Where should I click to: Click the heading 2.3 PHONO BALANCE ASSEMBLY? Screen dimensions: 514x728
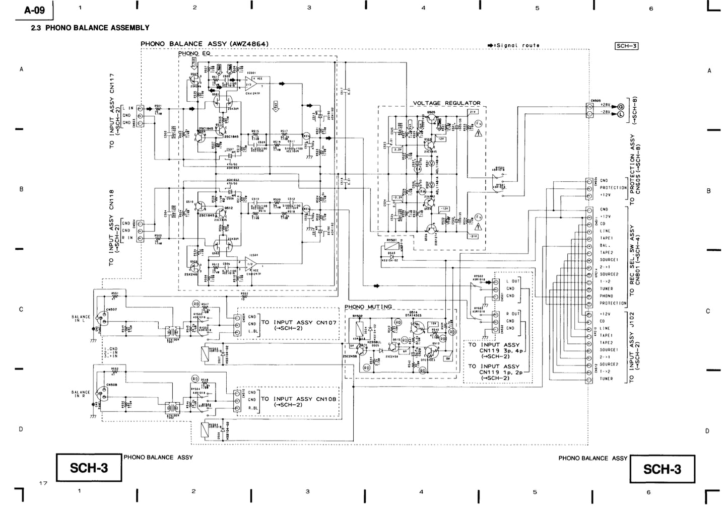(x=90, y=28)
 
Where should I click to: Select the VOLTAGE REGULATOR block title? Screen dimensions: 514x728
(x=446, y=103)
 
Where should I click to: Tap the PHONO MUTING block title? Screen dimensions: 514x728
(x=368, y=307)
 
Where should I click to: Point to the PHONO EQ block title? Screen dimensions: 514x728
(x=194, y=53)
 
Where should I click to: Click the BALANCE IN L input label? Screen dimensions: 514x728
(x=81, y=319)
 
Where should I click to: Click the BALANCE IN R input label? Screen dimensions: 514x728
(x=81, y=394)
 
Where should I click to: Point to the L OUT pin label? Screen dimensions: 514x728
(x=513, y=281)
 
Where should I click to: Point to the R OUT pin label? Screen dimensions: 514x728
(x=513, y=314)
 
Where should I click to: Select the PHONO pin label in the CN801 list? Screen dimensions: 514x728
(x=606, y=296)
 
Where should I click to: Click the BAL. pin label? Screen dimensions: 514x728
(x=605, y=246)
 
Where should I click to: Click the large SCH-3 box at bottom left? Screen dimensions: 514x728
(x=89, y=468)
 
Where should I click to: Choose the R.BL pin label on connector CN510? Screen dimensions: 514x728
(x=253, y=408)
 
